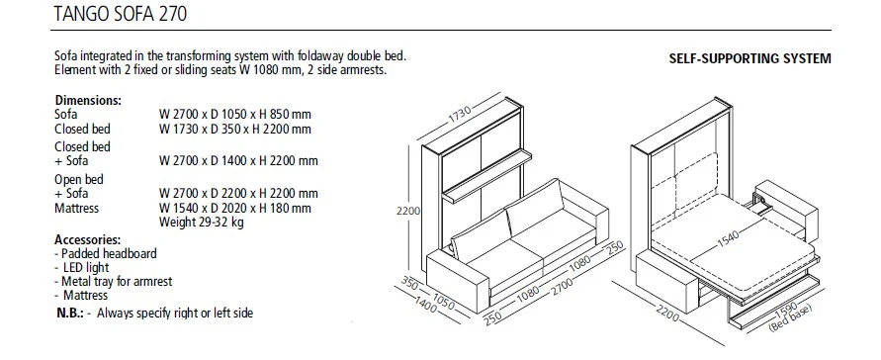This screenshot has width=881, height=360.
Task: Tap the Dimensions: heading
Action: pos(89,100)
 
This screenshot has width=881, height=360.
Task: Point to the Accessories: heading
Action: pos(88,239)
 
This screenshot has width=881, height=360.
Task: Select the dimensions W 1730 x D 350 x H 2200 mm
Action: pos(234,129)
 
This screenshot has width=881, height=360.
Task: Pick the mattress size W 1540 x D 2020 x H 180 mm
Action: pos(234,209)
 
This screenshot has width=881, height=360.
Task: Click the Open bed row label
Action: pos(78,179)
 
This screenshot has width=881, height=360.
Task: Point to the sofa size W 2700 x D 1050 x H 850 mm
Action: pos(234,115)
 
